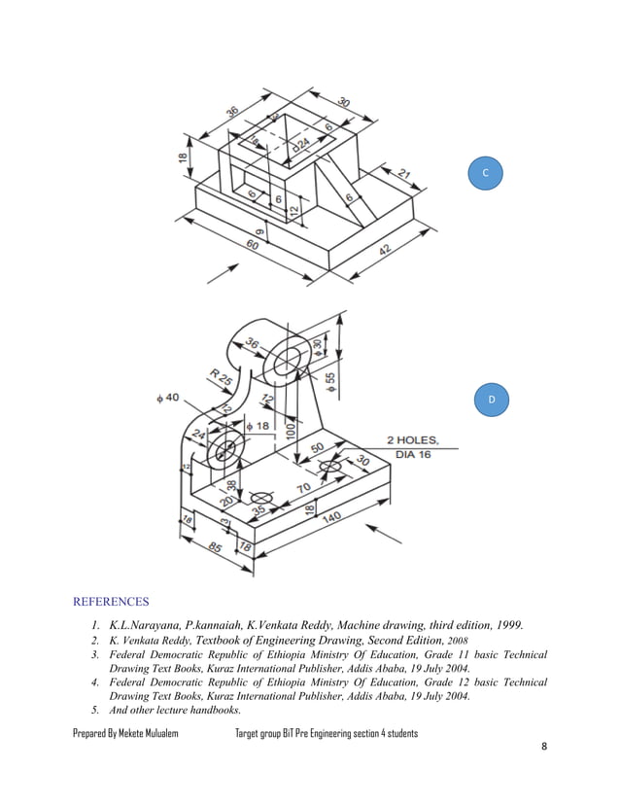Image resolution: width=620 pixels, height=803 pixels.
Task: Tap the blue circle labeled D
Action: pos(492,400)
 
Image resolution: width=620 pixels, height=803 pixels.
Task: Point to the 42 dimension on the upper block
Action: pos(386,250)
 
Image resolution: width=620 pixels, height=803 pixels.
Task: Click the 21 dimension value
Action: pos(403,176)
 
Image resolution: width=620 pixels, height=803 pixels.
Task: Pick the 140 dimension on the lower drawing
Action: pos(330,519)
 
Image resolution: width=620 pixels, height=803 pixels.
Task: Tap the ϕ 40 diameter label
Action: pos(167,398)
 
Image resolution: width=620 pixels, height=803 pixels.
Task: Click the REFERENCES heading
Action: pos(112,601)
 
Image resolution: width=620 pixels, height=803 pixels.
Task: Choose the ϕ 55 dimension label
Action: pos(330,383)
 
